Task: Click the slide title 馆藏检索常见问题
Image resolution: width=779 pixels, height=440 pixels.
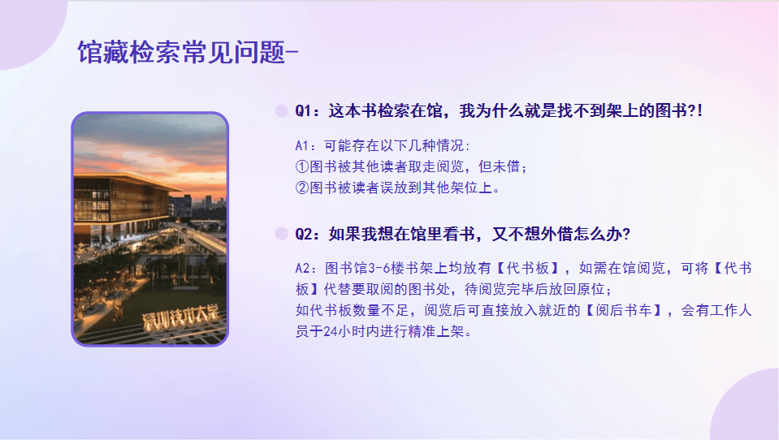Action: [181, 52]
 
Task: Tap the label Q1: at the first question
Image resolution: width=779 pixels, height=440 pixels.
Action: [308, 110]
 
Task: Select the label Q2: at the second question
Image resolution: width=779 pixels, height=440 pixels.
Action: [308, 234]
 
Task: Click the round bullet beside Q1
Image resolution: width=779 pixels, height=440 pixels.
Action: [282, 110]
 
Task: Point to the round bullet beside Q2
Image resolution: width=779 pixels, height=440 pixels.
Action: [282, 234]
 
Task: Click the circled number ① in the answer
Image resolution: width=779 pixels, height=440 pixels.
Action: [302, 166]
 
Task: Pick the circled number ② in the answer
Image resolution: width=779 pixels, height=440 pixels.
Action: [302, 188]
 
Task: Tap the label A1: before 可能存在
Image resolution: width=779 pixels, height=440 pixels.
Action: [305, 145]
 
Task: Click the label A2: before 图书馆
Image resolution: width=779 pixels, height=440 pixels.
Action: [305, 269]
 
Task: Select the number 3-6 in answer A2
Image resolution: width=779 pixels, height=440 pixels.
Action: [379, 269]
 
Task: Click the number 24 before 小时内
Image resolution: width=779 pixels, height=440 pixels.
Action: [330, 331]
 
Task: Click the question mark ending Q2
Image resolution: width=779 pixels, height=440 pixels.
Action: [626, 234]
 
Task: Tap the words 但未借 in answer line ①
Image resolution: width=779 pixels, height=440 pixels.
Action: [500, 166]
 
